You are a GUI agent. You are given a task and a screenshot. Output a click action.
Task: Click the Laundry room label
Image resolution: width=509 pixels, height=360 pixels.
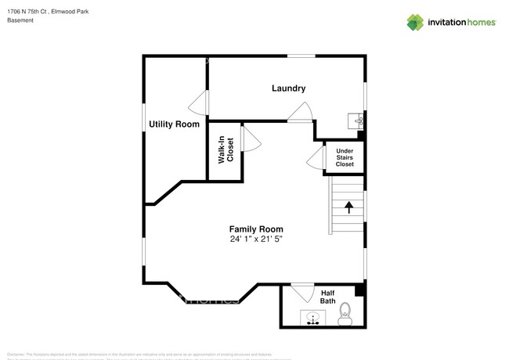click(x=288, y=88)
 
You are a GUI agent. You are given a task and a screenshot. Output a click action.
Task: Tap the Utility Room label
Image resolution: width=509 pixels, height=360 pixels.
click(x=174, y=124)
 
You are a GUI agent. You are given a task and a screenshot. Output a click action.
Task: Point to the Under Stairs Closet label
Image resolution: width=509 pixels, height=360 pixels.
click(x=345, y=157)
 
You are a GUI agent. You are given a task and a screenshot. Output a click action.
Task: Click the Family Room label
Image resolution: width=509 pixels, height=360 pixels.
click(x=255, y=229)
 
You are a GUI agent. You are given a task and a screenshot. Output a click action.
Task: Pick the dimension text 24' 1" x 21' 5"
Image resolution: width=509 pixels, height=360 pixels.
click(x=255, y=239)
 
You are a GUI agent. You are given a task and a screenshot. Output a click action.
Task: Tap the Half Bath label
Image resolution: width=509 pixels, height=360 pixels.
click(x=328, y=297)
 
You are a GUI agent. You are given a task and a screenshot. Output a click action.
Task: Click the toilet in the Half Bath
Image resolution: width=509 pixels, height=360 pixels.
click(x=344, y=317)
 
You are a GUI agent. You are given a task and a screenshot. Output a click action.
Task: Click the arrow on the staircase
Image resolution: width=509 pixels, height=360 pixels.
click(x=348, y=207)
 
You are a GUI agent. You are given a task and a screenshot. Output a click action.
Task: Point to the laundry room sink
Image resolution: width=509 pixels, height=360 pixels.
click(x=357, y=121)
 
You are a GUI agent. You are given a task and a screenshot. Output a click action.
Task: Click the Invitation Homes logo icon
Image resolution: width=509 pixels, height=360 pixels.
click(x=415, y=22)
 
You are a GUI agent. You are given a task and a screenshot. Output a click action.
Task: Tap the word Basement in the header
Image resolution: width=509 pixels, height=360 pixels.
click(x=20, y=20)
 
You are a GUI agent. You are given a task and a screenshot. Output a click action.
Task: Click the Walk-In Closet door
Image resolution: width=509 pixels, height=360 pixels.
click(x=251, y=139)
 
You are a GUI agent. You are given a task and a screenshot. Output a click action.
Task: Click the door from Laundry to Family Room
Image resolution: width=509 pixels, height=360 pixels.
click(x=301, y=113)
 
